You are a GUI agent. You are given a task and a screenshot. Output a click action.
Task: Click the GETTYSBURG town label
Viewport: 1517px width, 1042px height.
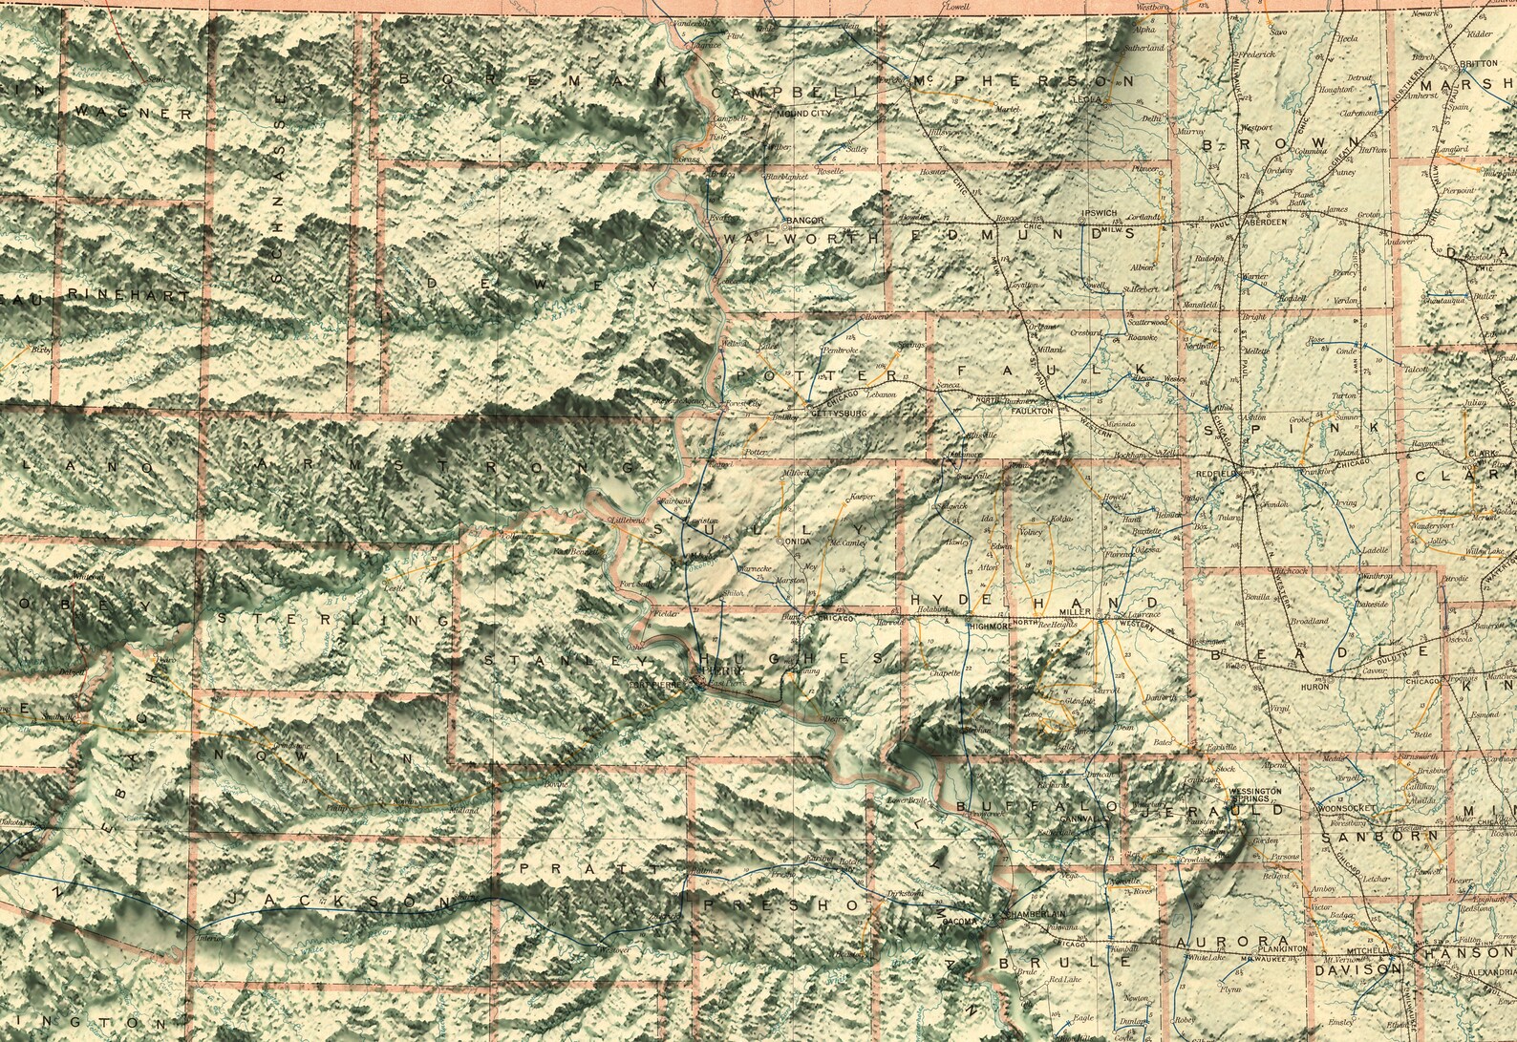pyautogui.click(x=838, y=415)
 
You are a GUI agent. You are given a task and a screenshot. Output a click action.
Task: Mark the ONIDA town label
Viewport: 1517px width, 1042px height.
pyautogui.click(x=797, y=542)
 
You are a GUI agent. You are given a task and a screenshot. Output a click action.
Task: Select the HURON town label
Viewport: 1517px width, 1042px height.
pyautogui.click(x=1314, y=687)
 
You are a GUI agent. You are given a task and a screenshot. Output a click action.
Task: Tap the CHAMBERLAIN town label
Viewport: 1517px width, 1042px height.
pyautogui.click(x=1033, y=914)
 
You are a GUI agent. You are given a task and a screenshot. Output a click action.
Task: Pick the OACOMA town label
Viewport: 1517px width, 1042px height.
pyautogui.click(x=959, y=922)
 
